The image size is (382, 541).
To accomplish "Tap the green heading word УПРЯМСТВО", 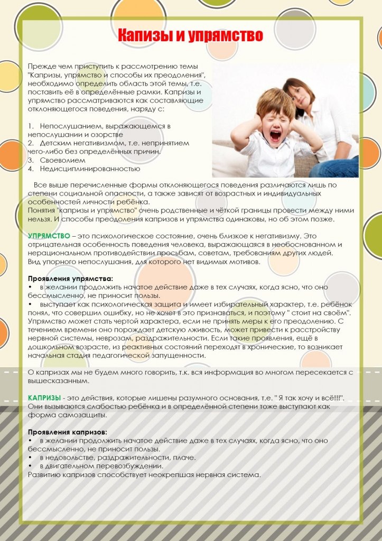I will [48, 236].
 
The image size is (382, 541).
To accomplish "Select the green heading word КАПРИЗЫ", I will [44, 397].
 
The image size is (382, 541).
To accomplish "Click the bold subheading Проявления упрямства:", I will [71, 278].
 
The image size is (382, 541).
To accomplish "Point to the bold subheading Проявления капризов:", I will [68, 432].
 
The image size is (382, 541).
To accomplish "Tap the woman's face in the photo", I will [298, 95].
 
